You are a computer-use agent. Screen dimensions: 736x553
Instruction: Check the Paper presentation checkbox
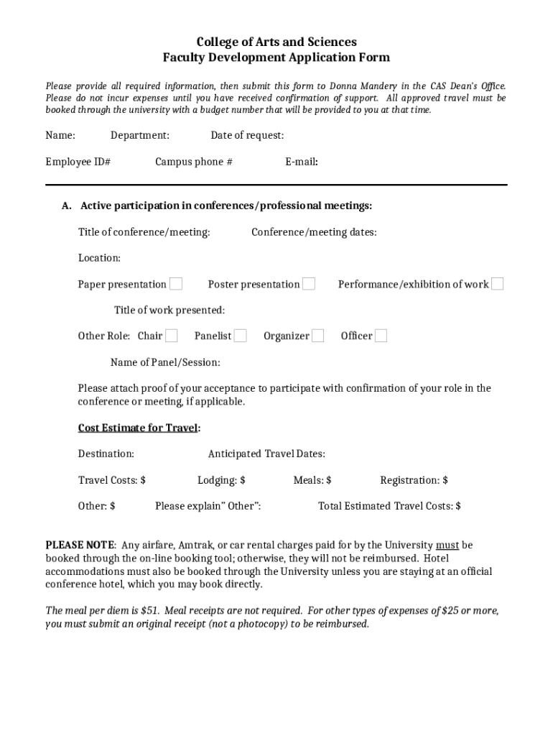[x=176, y=284]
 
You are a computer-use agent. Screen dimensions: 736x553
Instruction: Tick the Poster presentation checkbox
[x=309, y=284]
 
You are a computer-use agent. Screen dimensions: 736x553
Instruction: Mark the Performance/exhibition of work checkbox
[x=497, y=284]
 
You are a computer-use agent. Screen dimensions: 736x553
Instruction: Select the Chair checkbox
[x=172, y=336]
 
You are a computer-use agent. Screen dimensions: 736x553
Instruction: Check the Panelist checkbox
[x=241, y=336]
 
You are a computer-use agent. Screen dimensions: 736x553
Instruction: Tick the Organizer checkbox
[x=317, y=336]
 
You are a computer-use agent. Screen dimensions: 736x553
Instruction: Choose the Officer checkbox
[x=381, y=336]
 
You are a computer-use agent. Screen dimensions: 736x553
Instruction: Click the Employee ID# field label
[x=78, y=162]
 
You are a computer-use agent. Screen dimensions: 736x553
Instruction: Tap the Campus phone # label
[x=194, y=162]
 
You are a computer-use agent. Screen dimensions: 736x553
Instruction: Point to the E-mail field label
[x=302, y=162]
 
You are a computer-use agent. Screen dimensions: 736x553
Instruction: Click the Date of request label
[x=247, y=135]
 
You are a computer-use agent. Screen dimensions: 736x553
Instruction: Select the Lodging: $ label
[x=221, y=480]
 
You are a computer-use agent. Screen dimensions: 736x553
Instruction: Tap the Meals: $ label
[x=312, y=480]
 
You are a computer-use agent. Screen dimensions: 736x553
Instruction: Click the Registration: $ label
[x=414, y=480]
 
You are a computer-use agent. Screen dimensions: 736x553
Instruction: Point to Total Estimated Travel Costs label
[x=389, y=506]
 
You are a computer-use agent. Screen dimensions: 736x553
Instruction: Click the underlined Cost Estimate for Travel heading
[x=139, y=428]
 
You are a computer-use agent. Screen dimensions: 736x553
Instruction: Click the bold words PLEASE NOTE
[x=80, y=545]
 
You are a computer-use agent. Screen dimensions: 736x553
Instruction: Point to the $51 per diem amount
[x=149, y=610]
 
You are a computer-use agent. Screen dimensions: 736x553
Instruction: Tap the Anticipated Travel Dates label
[x=266, y=454]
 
